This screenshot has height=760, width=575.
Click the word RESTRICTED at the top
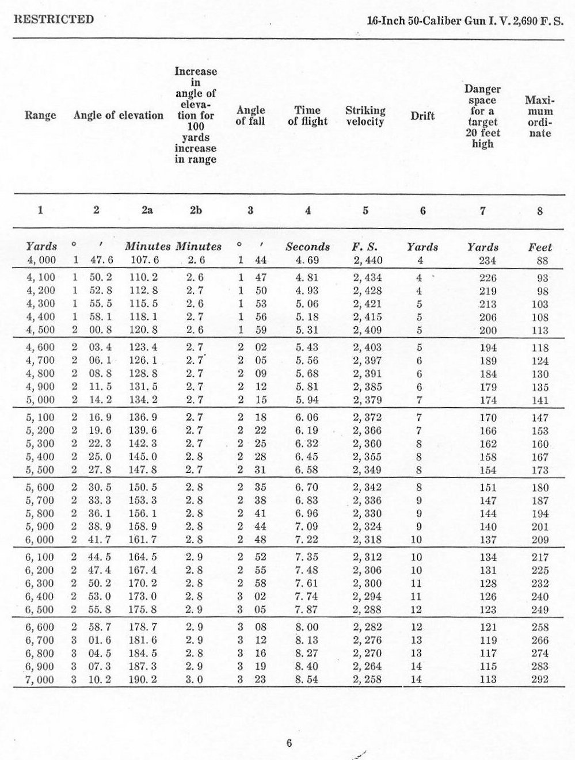[x=54, y=20]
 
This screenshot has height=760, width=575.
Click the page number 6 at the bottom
[x=289, y=743]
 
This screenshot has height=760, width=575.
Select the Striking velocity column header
[x=365, y=116]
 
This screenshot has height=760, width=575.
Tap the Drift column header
[x=422, y=116]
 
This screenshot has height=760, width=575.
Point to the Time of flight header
[x=307, y=116]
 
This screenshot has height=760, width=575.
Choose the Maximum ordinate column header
[x=539, y=116]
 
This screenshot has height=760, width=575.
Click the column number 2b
[x=196, y=211]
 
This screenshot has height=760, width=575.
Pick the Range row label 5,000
[x=41, y=400]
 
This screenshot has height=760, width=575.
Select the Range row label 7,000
[x=41, y=679]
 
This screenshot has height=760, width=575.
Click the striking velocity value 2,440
[x=367, y=261]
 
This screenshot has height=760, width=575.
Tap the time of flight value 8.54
[x=307, y=679]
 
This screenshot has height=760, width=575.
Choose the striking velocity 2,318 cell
[x=367, y=540]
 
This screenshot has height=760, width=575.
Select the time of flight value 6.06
[x=307, y=418]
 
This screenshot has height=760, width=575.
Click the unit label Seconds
[x=308, y=247]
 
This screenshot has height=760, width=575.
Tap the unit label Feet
[x=540, y=247]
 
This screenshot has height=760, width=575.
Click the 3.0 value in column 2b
[x=195, y=679]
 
